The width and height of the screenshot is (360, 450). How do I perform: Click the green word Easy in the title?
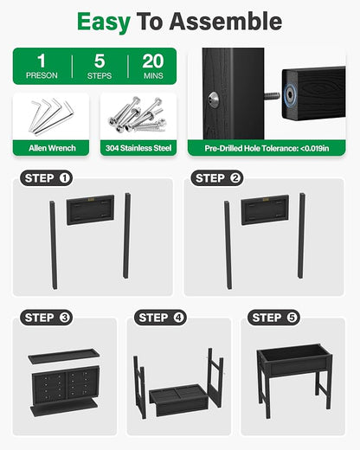(x=104, y=22)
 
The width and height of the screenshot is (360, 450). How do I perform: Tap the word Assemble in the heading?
(x=226, y=22)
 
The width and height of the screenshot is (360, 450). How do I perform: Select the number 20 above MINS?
(x=153, y=61)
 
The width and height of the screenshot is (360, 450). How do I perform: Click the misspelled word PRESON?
(x=42, y=75)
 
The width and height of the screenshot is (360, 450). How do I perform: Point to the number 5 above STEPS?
(x=100, y=61)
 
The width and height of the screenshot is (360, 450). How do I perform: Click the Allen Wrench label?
(x=52, y=148)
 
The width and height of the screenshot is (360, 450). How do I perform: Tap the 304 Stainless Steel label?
(x=138, y=148)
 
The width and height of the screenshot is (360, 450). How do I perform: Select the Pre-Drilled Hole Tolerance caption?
(x=267, y=148)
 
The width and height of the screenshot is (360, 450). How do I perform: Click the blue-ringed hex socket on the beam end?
(x=289, y=94)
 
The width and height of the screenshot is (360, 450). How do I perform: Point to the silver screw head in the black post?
(x=214, y=100)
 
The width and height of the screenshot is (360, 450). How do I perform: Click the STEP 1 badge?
(x=46, y=178)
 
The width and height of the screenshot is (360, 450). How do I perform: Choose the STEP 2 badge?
(x=217, y=178)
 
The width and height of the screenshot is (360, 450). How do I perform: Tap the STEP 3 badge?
(x=46, y=318)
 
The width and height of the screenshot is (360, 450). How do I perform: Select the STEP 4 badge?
(x=160, y=318)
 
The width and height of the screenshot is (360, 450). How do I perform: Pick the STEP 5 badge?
(x=273, y=318)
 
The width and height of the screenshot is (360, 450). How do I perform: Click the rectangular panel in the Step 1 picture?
(x=90, y=209)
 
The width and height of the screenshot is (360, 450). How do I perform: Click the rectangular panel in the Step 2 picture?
(x=265, y=209)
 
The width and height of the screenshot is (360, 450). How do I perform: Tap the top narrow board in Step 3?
(x=64, y=356)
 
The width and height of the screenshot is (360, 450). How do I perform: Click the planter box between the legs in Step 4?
(x=178, y=400)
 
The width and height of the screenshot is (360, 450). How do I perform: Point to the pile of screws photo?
(x=138, y=115)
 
